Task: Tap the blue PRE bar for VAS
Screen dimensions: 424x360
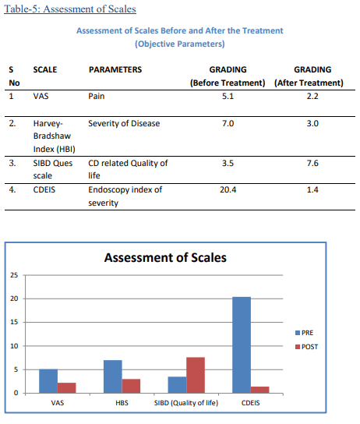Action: point(48,380)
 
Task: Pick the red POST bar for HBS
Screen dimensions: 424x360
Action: point(131,385)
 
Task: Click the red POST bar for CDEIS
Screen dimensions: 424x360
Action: point(259,389)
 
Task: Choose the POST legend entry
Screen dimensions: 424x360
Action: point(306,346)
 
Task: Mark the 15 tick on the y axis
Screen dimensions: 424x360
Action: point(14,323)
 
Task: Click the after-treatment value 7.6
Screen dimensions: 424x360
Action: point(312,164)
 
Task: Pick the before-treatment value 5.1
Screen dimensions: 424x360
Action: point(228,97)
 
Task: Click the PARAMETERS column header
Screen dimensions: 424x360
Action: point(115,69)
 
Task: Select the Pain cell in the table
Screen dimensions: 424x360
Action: point(97,97)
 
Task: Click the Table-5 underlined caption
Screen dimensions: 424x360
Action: point(69,9)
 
